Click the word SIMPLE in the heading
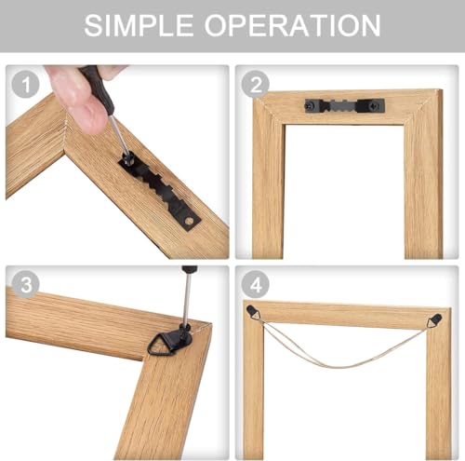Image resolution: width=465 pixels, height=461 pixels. tap(139, 25)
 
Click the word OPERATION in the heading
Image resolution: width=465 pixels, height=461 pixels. tap(292, 25)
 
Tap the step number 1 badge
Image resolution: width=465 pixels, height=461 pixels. tap(26, 84)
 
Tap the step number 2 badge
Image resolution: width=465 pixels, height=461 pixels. tap(256, 84)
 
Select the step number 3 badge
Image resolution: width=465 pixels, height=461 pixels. tap(26, 284)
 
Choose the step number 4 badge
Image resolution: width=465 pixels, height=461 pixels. tap(256, 284)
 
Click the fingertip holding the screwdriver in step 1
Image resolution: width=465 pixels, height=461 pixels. tap(90, 119)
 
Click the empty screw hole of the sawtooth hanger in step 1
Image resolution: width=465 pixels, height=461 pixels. tap(188, 222)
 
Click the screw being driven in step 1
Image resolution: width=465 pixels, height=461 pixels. tap(127, 159)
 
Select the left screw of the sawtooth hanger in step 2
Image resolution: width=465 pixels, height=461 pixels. tap(311, 106)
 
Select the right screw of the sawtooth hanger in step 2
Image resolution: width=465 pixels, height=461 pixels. tap(376, 106)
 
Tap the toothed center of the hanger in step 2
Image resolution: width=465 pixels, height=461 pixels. tap(343, 106)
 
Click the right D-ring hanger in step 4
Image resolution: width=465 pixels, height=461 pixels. tap(435, 319)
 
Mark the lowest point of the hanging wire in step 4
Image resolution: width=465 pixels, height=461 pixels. tap(335, 368)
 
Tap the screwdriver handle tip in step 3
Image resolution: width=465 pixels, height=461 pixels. tap(190, 268)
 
